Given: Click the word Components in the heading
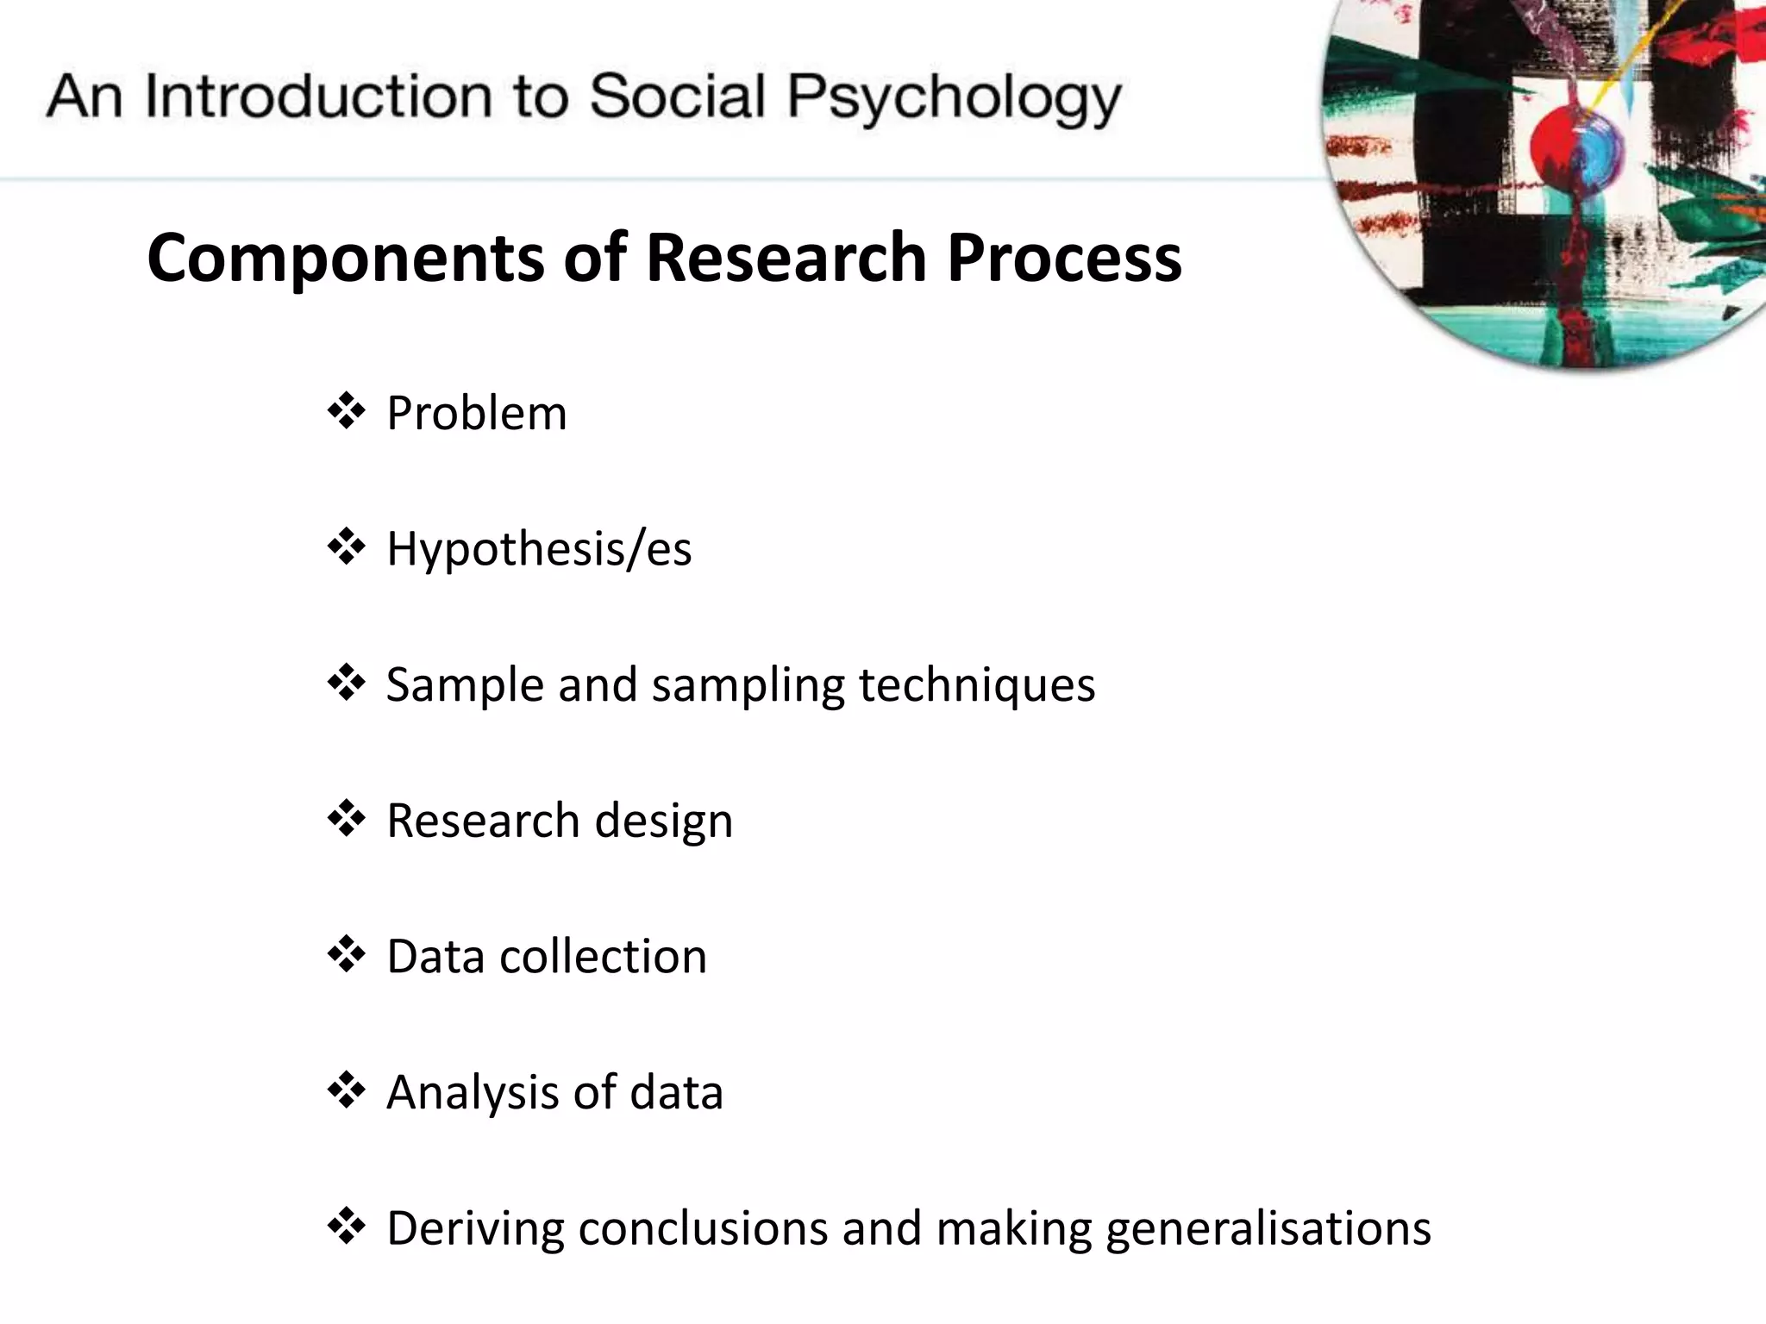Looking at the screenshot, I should tap(345, 258).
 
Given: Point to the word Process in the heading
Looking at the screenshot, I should tap(1064, 258).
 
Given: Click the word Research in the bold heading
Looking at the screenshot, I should tap(786, 258).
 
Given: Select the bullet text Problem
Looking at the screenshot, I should tap(476, 413).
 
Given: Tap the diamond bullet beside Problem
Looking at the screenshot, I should tap(347, 411).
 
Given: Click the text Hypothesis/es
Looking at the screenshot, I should tap(539, 549).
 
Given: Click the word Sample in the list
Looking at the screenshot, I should tap(464, 685).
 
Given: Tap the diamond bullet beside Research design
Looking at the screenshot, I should tap(347, 819).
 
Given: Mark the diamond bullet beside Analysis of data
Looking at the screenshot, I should tap(347, 1091).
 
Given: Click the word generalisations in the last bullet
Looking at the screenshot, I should tap(1268, 1228).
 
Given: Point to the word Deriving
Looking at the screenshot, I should tap(475, 1228).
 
